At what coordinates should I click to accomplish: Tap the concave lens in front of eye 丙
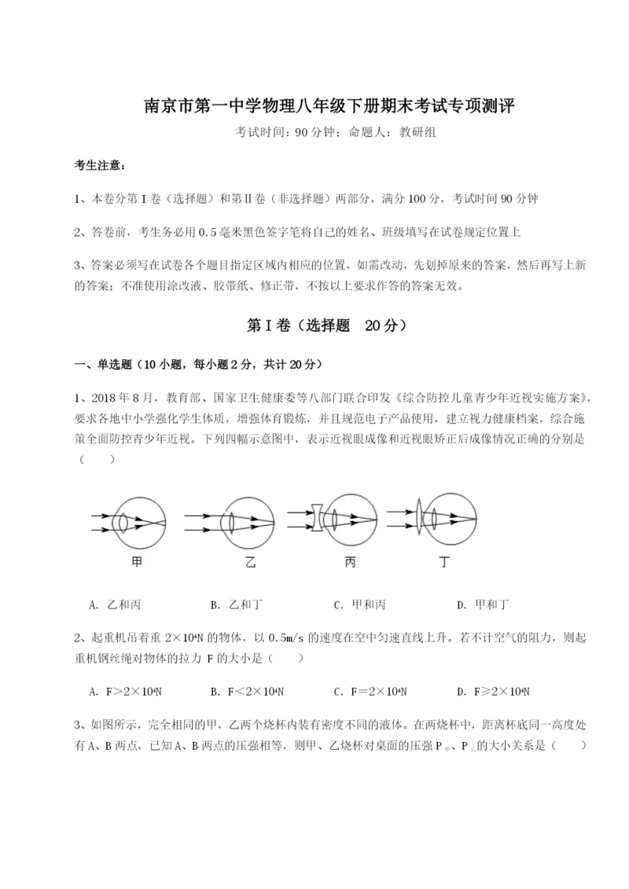316,517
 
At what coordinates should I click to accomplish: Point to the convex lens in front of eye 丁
418,517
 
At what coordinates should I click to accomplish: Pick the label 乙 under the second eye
250,563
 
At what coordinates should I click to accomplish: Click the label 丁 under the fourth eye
445,563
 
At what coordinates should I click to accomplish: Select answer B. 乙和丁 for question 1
237,604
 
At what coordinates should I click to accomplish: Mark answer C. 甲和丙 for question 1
359,604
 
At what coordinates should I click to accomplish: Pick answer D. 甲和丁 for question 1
483,604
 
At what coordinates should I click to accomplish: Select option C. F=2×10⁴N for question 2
371,692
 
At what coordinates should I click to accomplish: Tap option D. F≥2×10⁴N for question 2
493,692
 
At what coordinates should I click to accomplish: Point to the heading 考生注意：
100,166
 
